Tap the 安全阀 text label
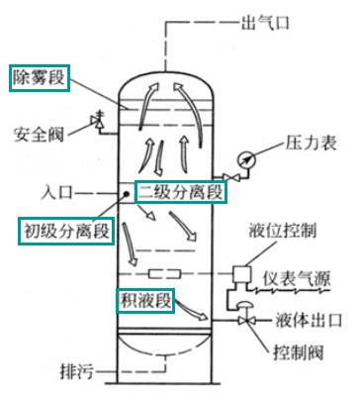[41, 131]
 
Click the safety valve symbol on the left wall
[96, 119]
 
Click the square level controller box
[241, 271]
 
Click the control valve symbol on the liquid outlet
[243, 321]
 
